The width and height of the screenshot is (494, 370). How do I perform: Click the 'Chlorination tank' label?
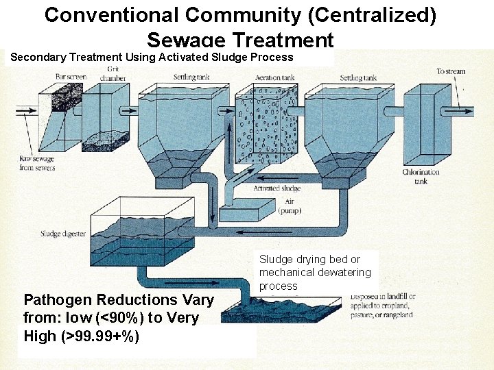421,177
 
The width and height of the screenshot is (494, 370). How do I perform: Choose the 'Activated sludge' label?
277,188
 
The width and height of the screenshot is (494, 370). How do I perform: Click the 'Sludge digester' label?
63,234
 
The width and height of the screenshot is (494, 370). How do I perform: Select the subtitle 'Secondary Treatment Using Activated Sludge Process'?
152,58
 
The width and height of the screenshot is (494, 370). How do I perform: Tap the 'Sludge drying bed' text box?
315,272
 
